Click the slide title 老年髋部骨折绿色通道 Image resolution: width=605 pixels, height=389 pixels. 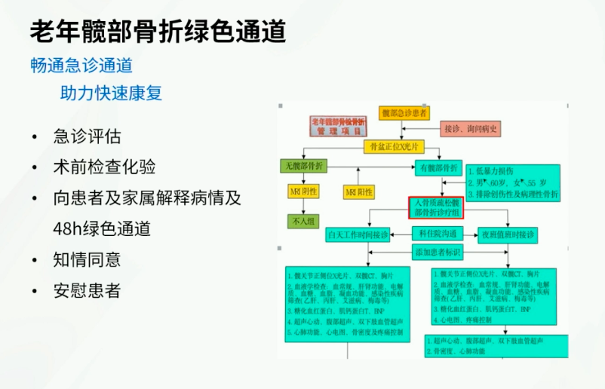click(158, 31)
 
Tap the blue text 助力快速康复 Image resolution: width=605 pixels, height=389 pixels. click(111, 93)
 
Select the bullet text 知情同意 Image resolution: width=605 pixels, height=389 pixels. click(87, 259)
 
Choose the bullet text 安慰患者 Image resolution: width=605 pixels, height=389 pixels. click(87, 290)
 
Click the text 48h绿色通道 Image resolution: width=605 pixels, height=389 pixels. click(102, 228)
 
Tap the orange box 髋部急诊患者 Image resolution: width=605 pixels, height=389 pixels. click(404, 113)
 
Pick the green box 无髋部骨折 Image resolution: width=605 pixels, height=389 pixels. click(305, 166)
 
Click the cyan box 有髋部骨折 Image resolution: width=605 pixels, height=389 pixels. click(438, 167)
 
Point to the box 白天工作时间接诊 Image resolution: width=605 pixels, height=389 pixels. click(358, 235)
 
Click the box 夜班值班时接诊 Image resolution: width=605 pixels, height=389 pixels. click(508, 235)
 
